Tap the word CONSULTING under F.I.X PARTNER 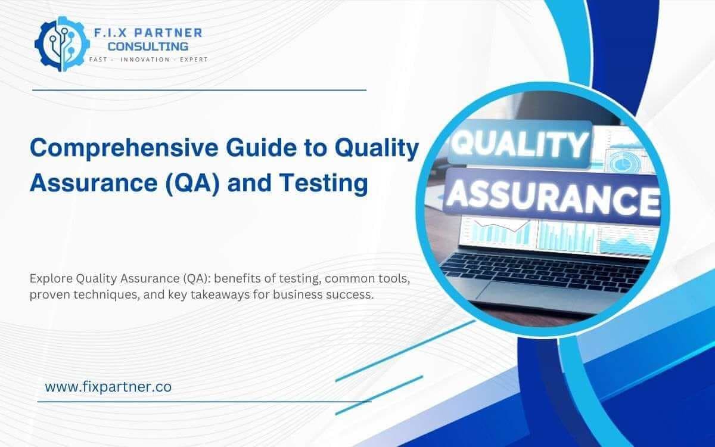tap(148, 46)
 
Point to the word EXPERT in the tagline tap(192, 60)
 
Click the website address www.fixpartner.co tap(108, 386)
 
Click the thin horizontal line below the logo tap(198, 90)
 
